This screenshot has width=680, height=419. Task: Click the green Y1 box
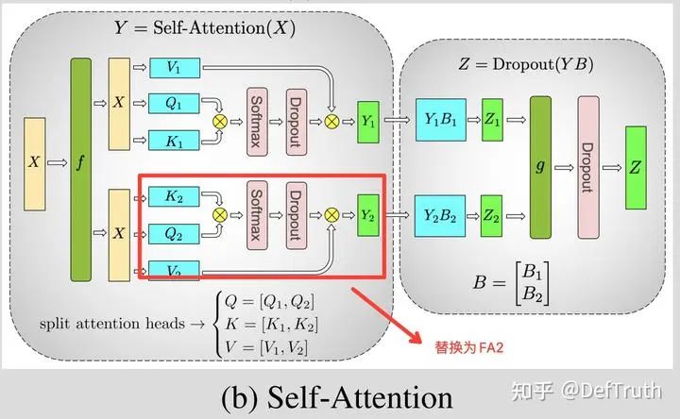point(368,122)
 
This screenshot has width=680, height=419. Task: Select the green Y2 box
point(368,215)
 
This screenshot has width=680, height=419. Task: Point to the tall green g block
point(540,167)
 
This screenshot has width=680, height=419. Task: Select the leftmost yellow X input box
point(34,161)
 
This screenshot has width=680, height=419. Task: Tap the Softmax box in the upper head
point(257,122)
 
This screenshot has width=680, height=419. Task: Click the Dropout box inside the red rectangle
point(297,215)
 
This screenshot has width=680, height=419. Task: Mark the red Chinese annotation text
point(464,346)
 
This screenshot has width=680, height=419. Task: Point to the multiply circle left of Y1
point(331,122)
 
